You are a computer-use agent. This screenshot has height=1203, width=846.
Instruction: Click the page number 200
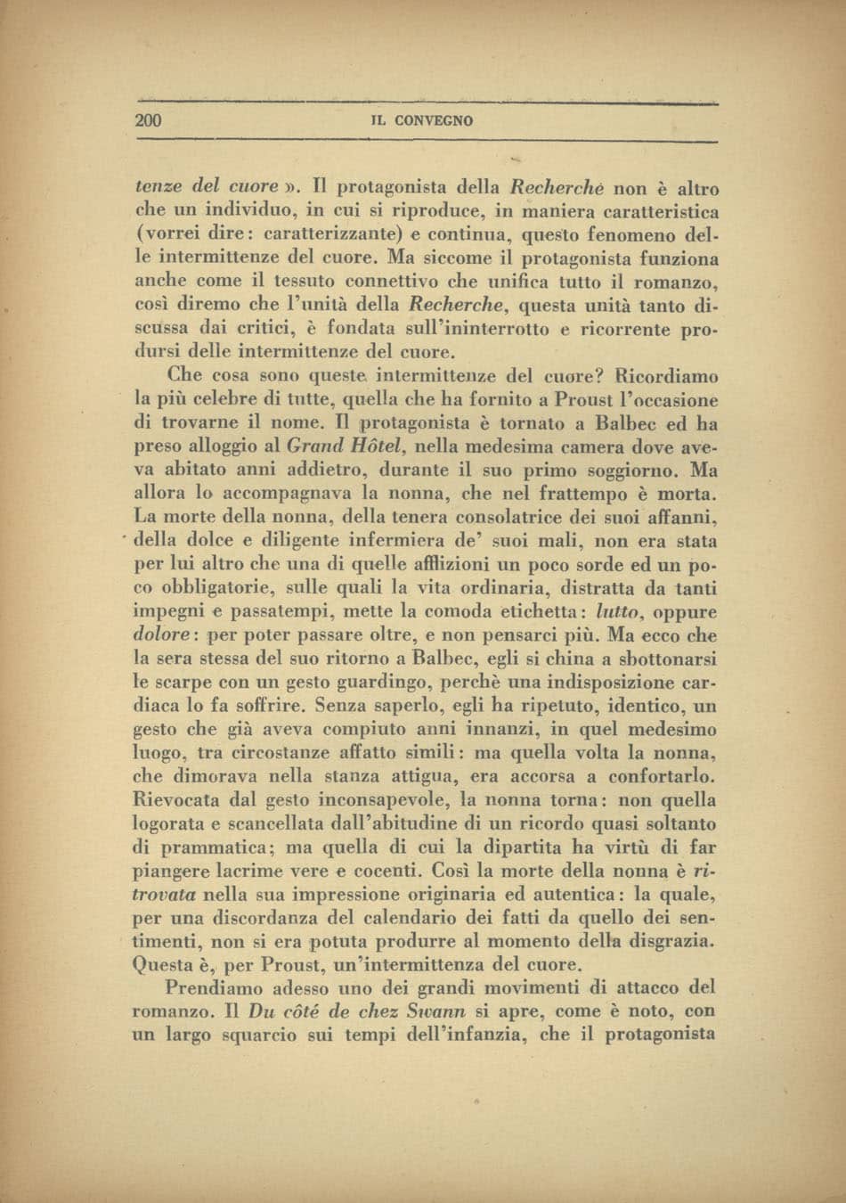148,120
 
